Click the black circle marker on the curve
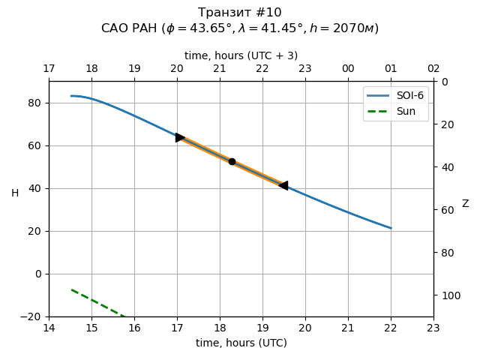click(232, 161)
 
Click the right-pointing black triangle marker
click(180, 137)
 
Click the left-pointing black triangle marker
click(283, 185)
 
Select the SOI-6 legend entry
click(396, 96)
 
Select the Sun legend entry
click(396, 111)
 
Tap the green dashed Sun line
click(97, 302)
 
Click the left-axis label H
click(15, 193)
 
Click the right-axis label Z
click(465, 204)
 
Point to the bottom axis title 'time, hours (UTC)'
click(241, 343)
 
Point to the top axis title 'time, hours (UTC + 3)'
click(241, 55)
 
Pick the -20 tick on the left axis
click(31, 316)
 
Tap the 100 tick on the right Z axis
click(448, 295)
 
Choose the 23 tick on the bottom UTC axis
click(433, 328)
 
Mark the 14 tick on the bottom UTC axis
click(49, 328)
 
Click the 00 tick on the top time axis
click(348, 69)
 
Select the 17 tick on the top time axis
click(49, 69)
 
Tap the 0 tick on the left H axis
click(37, 274)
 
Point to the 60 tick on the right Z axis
click(445, 210)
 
